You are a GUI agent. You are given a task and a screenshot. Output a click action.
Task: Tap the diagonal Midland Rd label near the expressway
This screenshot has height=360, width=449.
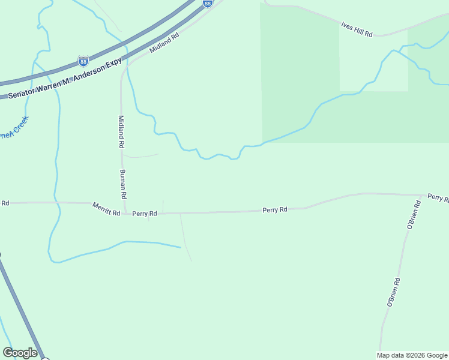pos(164,43)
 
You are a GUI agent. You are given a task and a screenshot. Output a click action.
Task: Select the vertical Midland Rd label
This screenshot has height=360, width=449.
pos(121,131)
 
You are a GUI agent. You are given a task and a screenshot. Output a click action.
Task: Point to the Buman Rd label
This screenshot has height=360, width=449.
pos(122,184)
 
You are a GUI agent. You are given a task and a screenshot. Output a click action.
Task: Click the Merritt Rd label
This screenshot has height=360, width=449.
pos(106,208)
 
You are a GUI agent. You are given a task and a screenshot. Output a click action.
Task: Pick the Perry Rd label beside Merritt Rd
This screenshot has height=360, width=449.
pos(145,213)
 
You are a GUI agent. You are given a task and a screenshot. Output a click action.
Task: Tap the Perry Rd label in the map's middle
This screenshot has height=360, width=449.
pos(274,210)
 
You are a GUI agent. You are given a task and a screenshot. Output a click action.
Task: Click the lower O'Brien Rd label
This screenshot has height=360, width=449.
pos(393,292)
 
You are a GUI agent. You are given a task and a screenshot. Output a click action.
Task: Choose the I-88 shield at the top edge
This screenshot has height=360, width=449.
pos(207,4)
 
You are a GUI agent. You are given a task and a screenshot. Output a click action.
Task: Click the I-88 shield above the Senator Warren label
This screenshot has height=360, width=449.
pos(83,61)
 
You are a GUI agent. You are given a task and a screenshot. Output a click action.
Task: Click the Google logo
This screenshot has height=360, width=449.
pos(20,353)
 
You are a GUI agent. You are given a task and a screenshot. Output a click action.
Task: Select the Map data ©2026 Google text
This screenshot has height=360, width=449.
pos(411,355)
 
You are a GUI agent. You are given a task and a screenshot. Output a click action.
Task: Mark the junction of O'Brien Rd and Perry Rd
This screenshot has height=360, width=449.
pos(421,195)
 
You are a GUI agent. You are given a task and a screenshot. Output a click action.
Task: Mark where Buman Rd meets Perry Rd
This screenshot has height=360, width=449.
pos(125,214)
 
